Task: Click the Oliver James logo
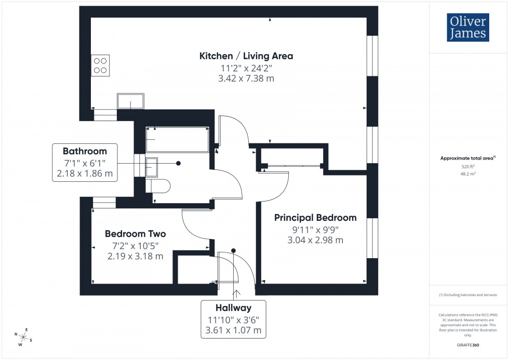pyautogui.click(x=467, y=28)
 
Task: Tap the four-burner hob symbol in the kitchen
pyautogui.click(x=100, y=65)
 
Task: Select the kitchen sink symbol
pyautogui.click(x=130, y=101)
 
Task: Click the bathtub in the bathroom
pyautogui.click(x=177, y=139)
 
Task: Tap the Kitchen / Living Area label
pyautogui.click(x=246, y=56)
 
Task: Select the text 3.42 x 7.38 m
pyautogui.click(x=246, y=78)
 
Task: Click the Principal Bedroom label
pyautogui.click(x=315, y=218)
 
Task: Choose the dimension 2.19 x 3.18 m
pyautogui.click(x=135, y=256)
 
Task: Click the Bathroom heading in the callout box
pyautogui.click(x=85, y=151)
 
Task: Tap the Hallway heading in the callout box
pyautogui.click(x=233, y=308)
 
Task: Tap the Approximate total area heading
pyautogui.click(x=467, y=158)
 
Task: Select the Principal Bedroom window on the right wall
pyautogui.click(x=372, y=238)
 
